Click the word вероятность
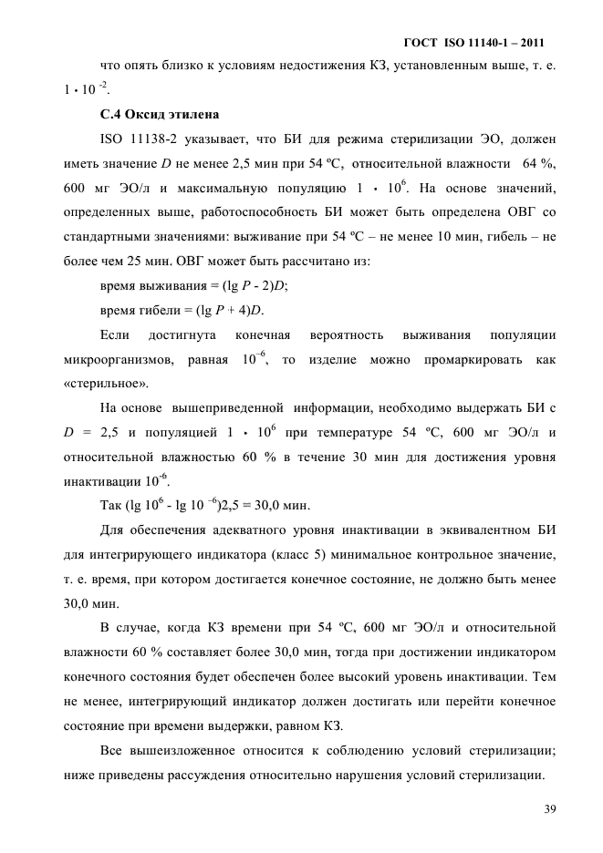click(x=342, y=335)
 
